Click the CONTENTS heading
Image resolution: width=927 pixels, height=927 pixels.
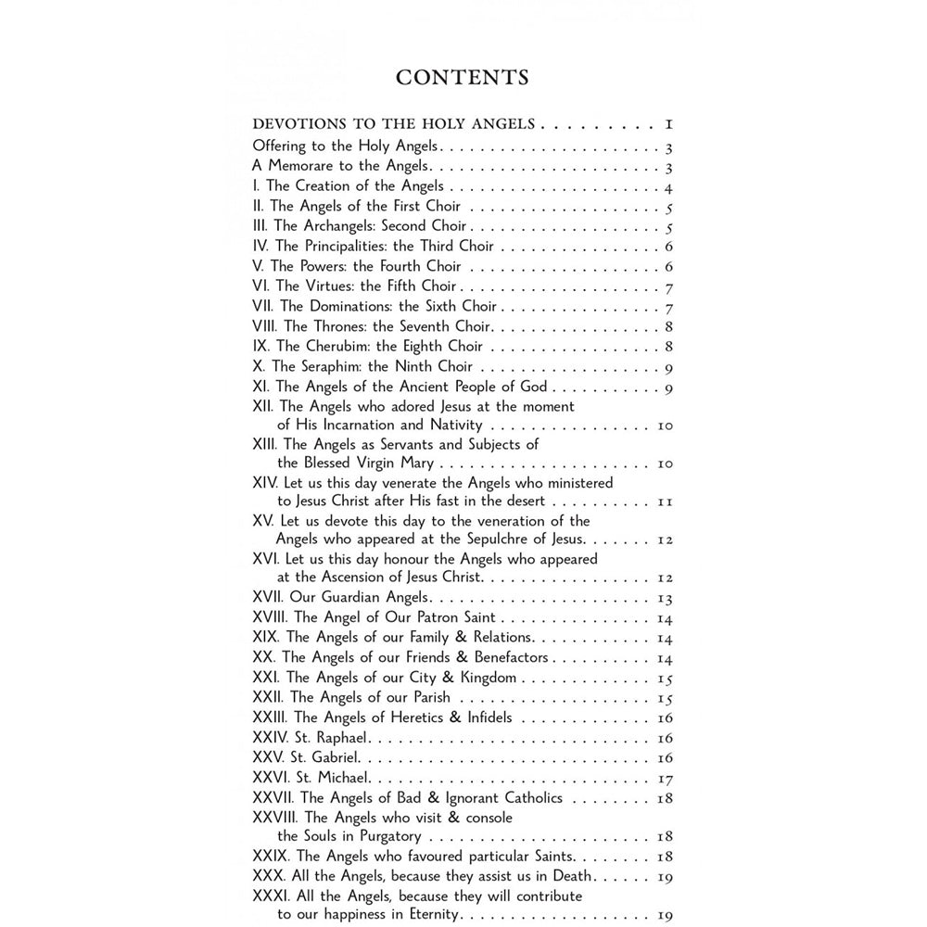462,77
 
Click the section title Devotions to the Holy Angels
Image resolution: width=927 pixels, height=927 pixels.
394,124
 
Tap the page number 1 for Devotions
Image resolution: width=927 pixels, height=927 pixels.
667,124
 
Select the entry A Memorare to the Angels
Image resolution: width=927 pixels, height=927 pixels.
341,166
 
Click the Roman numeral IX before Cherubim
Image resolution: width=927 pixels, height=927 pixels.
260,347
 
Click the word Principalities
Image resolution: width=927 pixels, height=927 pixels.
346,247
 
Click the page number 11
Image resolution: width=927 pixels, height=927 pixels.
665,502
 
